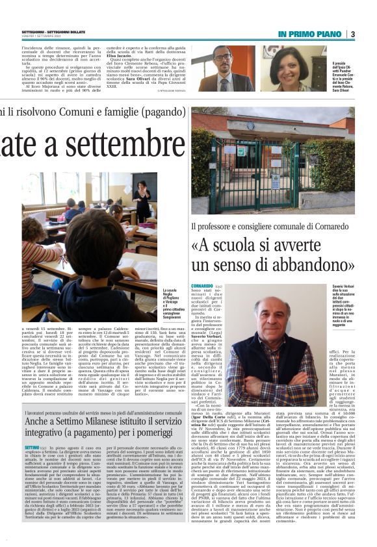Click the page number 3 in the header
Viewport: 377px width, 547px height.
point(352,34)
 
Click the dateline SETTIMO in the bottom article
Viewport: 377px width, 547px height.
point(32,448)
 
